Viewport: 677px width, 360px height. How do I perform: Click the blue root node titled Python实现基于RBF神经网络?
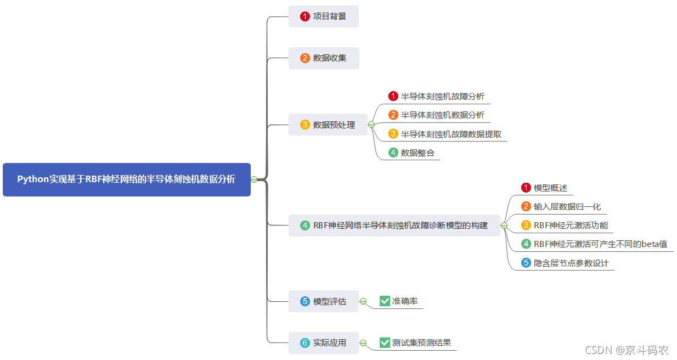[126, 179]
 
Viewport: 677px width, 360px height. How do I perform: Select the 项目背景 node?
[324, 16]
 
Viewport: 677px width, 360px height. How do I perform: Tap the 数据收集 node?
[324, 58]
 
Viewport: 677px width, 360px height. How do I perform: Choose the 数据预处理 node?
[328, 125]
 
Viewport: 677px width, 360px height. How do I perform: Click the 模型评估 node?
[324, 301]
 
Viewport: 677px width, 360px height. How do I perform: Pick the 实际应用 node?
[324, 343]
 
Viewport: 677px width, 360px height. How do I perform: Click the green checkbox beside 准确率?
[385, 301]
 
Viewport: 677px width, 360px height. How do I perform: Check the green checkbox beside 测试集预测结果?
[385, 343]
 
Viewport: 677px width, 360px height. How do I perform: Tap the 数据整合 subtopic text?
[418, 153]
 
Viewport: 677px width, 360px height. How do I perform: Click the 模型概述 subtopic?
[550, 188]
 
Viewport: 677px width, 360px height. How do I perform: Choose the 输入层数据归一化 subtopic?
[567, 207]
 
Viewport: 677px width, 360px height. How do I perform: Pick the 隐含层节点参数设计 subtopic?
[571, 263]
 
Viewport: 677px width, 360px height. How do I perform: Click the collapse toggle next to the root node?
[254, 179]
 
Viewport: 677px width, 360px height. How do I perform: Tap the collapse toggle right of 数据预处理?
[371, 125]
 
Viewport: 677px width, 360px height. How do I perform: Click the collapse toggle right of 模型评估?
[363, 301]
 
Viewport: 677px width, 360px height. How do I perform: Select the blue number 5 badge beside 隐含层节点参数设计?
[526, 263]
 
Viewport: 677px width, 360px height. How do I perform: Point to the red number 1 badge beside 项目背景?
[305, 16]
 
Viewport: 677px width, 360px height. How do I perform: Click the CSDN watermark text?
[627, 350]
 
